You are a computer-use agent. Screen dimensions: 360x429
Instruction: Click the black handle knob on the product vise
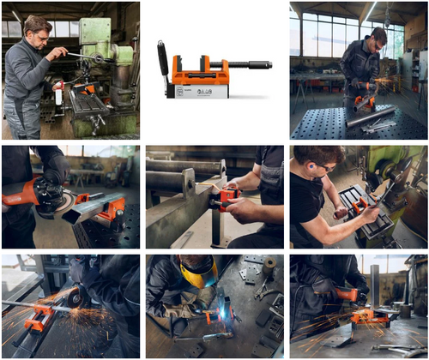tap(163, 57)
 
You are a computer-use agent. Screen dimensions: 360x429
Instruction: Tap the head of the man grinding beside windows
tap(378, 38)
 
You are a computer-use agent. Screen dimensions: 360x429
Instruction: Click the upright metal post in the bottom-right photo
tap(375, 287)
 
